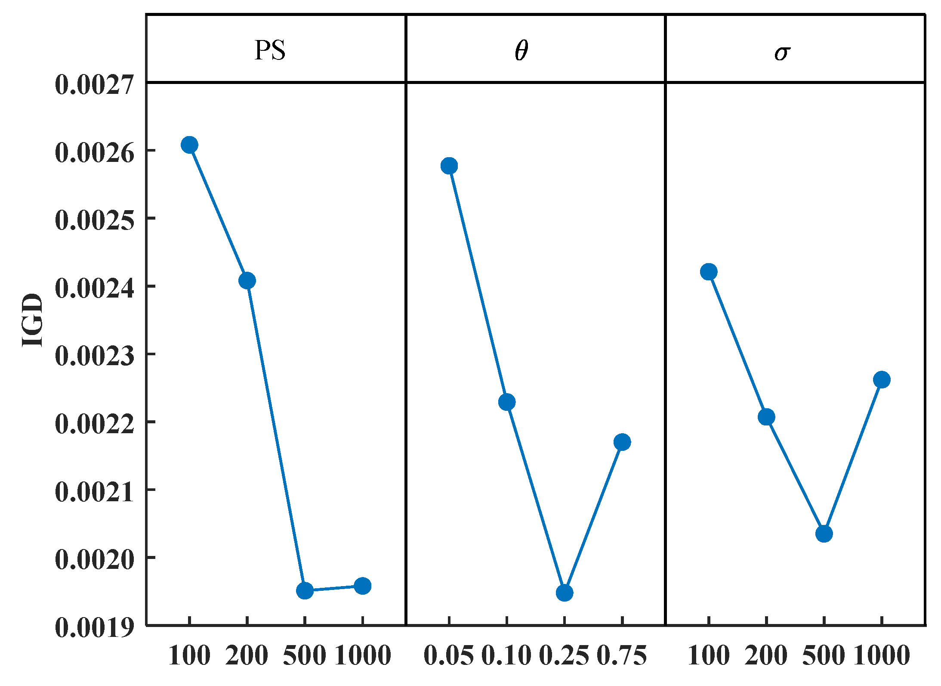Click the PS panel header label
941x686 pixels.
point(270,50)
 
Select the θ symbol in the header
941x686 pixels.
point(521,51)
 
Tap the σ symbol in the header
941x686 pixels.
point(782,53)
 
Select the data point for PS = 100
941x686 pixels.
point(189,145)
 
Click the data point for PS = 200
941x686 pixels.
point(247,281)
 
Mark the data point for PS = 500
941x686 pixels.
point(305,590)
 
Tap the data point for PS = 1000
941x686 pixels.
point(362,586)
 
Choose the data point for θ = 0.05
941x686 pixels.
point(449,166)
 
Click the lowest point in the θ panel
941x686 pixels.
point(564,593)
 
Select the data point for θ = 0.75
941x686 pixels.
point(622,442)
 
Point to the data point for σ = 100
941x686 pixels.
point(709,272)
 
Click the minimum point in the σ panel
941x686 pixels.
point(824,534)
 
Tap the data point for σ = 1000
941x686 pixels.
point(882,379)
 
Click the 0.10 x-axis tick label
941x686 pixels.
point(506,656)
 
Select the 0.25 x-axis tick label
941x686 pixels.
point(564,656)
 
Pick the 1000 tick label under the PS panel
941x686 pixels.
point(363,656)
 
